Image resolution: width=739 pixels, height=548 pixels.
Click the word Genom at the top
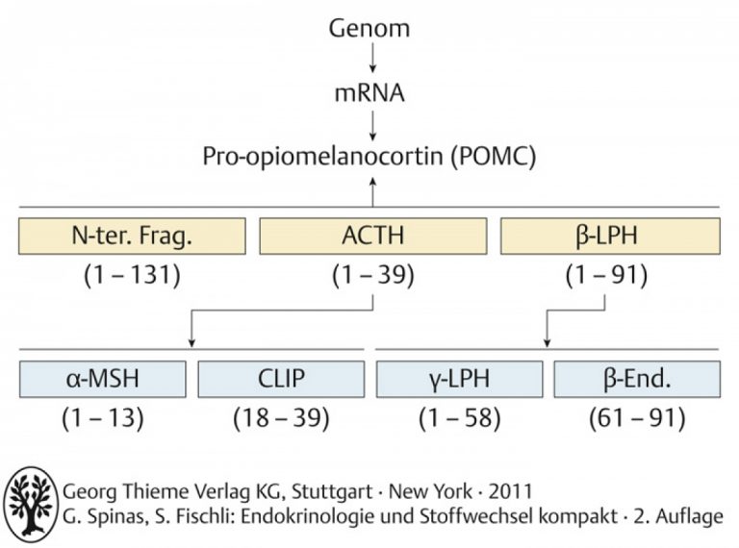369,28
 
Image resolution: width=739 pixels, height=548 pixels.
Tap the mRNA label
369,92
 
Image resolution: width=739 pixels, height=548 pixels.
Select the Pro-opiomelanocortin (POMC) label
369,157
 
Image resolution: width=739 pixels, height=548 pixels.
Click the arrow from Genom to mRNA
372,58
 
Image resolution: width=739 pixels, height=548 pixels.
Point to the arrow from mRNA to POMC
372,126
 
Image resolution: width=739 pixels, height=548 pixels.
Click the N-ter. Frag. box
132,236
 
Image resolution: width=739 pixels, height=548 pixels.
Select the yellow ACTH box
372,236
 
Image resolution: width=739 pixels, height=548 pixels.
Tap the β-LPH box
610,236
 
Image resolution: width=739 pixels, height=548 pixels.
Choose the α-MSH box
103,379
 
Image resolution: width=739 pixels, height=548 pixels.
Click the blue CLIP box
281,379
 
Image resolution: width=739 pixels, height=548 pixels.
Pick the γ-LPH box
460,379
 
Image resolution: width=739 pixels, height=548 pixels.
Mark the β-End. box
637,379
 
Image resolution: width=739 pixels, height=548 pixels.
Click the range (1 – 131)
132,275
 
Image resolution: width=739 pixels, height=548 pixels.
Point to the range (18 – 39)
281,417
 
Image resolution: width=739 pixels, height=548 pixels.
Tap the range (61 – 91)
637,417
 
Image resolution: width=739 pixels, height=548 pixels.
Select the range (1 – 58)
460,417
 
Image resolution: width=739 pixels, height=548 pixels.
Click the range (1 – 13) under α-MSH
103,417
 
